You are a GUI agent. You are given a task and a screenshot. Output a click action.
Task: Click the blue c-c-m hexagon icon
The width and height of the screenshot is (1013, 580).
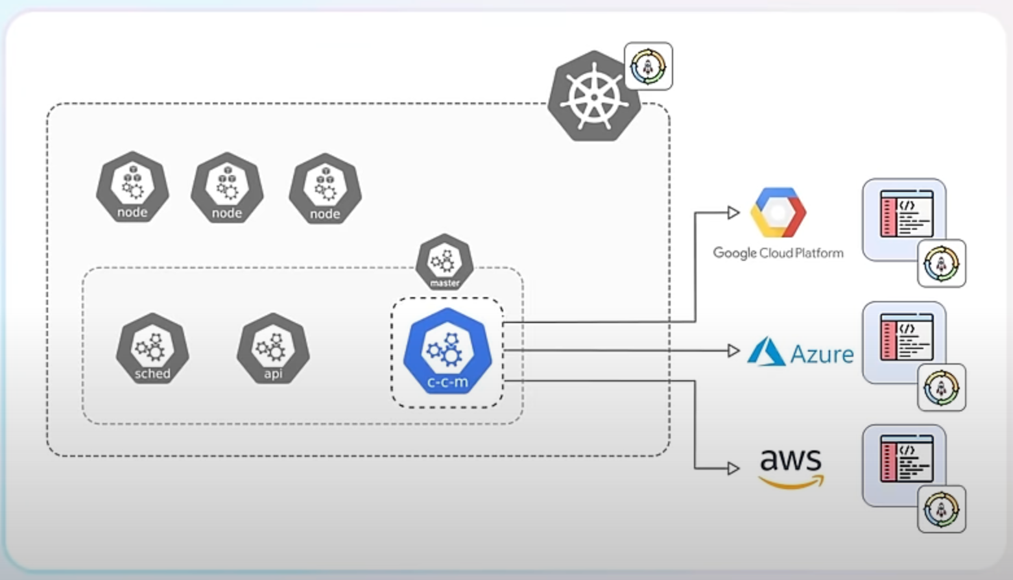pos(447,351)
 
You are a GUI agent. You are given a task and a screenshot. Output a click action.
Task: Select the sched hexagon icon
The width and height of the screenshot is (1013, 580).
pos(152,348)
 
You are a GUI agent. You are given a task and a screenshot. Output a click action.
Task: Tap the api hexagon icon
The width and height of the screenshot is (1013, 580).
pos(273,348)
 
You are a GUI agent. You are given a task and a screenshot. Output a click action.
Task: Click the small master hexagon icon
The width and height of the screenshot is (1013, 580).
pos(445,261)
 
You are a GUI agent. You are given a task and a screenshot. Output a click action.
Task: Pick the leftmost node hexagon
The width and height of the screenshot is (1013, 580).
pos(132,187)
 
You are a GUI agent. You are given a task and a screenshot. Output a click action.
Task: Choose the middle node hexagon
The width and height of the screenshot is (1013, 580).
pos(227,187)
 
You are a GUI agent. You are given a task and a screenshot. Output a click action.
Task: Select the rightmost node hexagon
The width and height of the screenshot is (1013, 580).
pos(325,188)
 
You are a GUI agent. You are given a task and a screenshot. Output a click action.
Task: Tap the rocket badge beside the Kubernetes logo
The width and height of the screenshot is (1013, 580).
pos(648,66)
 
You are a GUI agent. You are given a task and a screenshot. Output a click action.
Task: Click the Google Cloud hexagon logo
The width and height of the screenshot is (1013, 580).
pos(778,212)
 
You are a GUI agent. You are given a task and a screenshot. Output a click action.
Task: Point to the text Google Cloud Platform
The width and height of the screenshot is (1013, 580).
pos(778,253)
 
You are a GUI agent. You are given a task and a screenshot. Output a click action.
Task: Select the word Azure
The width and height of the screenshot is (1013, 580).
pos(822,354)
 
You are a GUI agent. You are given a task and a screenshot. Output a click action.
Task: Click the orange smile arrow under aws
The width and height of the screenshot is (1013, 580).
pos(792,483)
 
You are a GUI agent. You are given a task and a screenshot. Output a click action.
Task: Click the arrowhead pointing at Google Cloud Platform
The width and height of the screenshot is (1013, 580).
pos(733,212)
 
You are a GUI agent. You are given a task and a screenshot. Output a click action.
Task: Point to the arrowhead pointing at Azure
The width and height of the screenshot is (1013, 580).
pos(733,351)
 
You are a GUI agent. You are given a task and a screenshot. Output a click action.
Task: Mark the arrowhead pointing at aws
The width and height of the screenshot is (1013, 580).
pos(733,468)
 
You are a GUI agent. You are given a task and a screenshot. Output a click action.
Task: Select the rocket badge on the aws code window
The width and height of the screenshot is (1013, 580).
pos(942,509)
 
